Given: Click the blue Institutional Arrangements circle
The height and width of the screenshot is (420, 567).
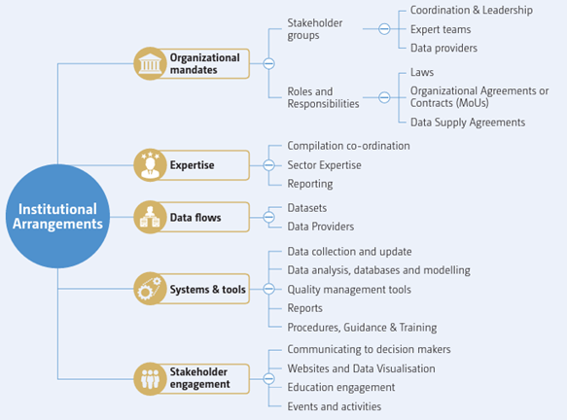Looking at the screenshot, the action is (x=57, y=216).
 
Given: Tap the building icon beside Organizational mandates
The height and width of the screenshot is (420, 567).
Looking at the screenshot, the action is (x=150, y=63).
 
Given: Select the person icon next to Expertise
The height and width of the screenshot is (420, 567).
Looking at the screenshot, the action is (x=150, y=165).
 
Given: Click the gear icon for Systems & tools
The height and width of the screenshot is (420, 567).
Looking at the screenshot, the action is (x=150, y=289).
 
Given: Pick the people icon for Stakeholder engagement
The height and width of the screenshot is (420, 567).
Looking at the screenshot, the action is (x=150, y=379).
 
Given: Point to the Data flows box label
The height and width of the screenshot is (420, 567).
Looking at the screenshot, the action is (x=195, y=217).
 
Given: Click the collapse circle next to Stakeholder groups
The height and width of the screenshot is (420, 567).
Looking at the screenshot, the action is (x=384, y=29).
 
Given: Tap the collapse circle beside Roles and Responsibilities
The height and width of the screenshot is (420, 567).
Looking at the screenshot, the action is (x=384, y=97).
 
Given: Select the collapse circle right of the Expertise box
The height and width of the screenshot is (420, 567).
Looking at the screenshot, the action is (x=268, y=165).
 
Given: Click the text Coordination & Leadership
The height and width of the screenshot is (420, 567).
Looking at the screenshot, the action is (x=471, y=10).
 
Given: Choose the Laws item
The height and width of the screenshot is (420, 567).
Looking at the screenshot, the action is (x=422, y=72).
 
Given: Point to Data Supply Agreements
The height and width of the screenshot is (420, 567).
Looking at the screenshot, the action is (x=468, y=122).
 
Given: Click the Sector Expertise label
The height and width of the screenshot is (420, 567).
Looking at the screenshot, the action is (x=325, y=165).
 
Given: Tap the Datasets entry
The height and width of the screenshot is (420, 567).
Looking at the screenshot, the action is (x=307, y=208).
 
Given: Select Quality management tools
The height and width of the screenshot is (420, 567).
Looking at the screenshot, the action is (x=349, y=290).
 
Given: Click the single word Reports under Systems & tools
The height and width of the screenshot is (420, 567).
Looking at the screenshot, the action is (x=304, y=308).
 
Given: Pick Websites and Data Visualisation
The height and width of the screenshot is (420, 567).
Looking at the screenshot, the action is (x=361, y=368).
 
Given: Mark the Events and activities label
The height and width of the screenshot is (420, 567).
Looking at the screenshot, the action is (x=335, y=406).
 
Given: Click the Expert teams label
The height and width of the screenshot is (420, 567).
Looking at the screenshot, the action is (x=441, y=29).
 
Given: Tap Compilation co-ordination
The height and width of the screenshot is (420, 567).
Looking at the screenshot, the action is (x=348, y=146).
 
